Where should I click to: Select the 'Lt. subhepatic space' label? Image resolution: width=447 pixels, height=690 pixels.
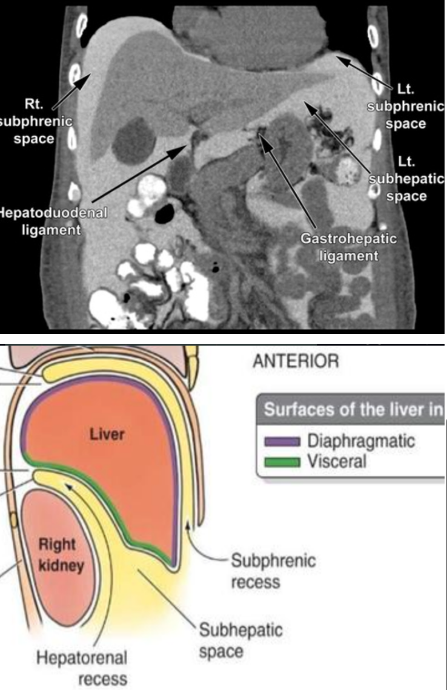pos(405,179)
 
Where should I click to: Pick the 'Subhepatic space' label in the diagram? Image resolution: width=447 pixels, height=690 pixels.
pos(242,640)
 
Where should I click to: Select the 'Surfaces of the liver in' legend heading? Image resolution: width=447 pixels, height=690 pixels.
pos(354,410)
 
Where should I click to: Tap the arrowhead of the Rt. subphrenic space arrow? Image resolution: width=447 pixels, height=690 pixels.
pos(90,77)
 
